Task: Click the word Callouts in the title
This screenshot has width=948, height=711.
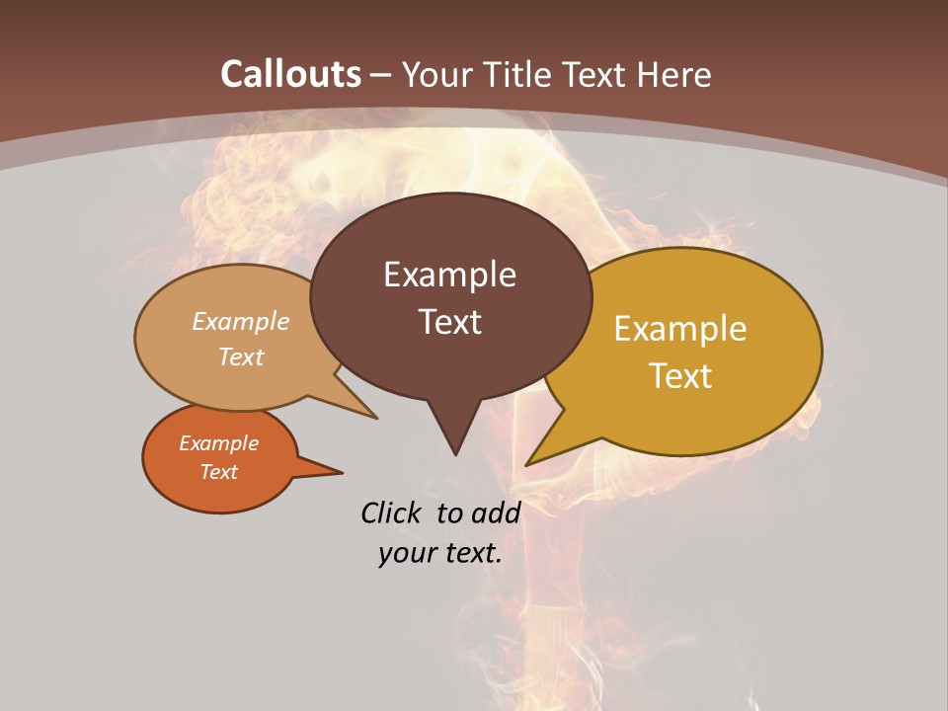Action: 291,74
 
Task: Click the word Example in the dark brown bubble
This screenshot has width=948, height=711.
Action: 449,275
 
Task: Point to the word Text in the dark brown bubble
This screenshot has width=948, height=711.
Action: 449,322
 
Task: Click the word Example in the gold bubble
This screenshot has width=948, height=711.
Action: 680,329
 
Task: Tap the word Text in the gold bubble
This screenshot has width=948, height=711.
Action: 680,376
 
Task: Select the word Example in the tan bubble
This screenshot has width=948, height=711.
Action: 241,321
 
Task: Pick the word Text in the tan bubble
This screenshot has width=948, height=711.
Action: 241,356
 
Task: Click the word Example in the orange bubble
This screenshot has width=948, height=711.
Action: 218,443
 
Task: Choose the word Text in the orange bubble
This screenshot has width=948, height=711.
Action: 218,472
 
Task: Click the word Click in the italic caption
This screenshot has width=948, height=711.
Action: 393,513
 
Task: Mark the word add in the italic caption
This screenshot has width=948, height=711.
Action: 496,513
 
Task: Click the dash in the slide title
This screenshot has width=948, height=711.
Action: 382,75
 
